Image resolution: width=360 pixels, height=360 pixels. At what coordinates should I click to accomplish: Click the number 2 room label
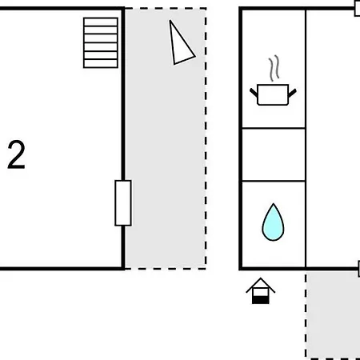[16, 154]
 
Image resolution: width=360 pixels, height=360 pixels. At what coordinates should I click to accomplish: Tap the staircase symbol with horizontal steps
[101, 43]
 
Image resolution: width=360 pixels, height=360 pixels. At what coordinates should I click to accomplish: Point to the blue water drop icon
[273, 222]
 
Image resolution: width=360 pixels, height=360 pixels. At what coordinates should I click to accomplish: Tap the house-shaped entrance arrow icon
[261, 291]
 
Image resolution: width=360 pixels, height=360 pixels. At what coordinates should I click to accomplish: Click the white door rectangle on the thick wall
[123, 203]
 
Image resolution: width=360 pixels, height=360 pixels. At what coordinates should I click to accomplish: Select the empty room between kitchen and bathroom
[274, 154]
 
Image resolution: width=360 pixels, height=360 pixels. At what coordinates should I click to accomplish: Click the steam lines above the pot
[274, 68]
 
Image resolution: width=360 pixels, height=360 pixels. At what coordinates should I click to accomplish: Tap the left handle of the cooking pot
[254, 93]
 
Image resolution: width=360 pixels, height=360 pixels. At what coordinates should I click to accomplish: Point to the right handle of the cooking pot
[292, 93]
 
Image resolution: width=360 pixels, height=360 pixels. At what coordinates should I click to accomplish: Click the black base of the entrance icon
[261, 301]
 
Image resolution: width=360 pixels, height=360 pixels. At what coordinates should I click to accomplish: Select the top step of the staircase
[101, 22]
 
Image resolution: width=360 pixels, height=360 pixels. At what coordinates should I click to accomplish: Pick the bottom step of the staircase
[101, 64]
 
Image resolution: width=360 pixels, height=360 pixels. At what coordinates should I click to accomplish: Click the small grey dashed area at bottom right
[333, 315]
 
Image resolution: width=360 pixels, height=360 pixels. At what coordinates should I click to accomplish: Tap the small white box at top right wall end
[358, 9]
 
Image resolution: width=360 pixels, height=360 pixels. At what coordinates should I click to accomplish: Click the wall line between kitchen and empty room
[274, 128]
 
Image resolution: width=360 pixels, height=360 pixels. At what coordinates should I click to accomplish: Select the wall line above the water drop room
[274, 181]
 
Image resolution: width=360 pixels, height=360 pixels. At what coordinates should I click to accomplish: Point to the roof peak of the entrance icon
[261, 278]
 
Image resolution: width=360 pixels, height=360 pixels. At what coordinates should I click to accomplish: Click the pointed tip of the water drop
[274, 204]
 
